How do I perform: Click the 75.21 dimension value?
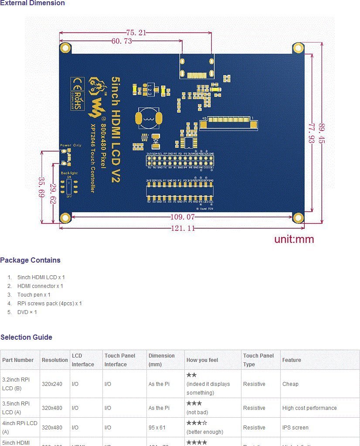click(136, 33)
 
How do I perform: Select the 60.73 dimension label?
click(122, 41)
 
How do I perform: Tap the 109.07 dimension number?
click(182, 217)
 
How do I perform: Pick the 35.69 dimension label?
click(42, 187)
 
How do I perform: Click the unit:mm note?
click(294, 239)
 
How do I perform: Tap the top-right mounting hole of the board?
click(298, 48)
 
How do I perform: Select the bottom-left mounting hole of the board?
click(66, 218)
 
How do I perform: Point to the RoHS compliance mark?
click(78, 100)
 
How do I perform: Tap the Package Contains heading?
click(30, 260)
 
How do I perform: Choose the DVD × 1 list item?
click(27, 312)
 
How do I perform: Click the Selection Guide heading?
click(26, 338)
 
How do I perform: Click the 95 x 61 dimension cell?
click(157, 428)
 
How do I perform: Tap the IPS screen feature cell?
click(295, 428)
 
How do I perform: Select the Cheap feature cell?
click(290, 384)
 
